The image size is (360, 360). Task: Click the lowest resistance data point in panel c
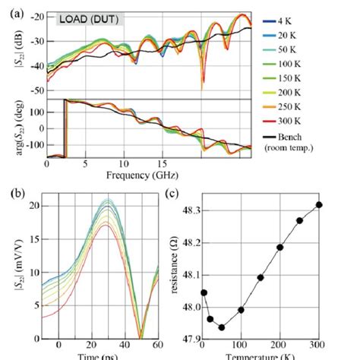click(222, 327)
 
